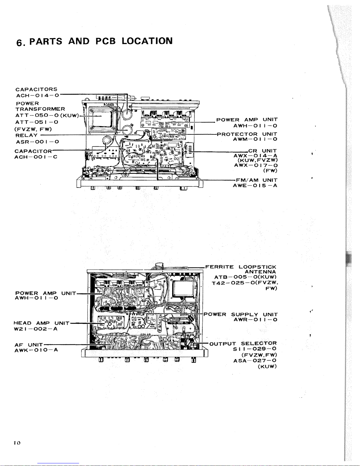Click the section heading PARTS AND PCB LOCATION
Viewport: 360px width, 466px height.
coord(101,41)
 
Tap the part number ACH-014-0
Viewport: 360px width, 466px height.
coord(38,96)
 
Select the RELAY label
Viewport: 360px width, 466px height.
coord(26,135)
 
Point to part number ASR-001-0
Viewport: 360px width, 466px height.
coord(38,142)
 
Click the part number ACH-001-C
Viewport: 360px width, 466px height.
coord(36,157)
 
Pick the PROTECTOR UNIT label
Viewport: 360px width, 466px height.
coord(247,134)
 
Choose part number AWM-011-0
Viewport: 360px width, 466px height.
coord(255,139)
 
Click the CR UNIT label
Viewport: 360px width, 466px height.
coord(262,151)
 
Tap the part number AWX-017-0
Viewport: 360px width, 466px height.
coord(256,165)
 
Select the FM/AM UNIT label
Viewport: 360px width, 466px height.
coord(257,180)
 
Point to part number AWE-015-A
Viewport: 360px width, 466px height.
coord(255,186)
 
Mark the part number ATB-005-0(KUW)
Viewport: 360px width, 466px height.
coord(245,277)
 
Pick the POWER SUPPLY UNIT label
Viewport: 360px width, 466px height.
coord(240,314)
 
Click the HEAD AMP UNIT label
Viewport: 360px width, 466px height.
coord(41,323)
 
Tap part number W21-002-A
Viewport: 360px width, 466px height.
coord(36,329)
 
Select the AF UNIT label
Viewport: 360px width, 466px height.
coord(29,345)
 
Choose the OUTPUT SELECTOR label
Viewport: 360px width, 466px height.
coord(243,344)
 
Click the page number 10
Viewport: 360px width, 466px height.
coord(17,442)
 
